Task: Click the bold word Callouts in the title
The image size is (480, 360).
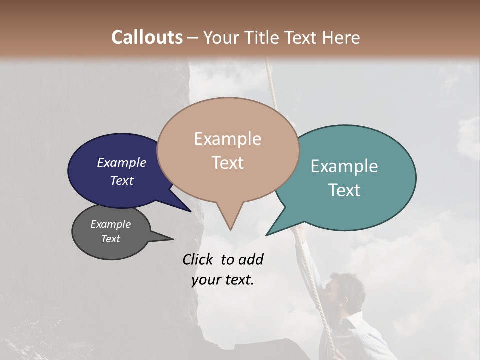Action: [147, 37]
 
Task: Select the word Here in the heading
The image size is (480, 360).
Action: [341, 37]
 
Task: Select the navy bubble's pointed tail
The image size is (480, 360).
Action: [185, 208]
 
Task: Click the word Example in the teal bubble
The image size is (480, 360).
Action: [344, 166]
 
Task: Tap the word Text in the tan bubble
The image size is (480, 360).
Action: [228, 163]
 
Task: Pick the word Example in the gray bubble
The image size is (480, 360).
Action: [110, 224]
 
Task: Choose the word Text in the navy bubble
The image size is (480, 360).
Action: [122, 181]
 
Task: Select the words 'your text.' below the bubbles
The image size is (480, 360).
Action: [223, 280]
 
